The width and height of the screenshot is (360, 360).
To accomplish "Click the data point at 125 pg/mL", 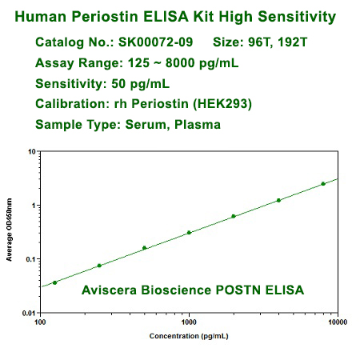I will click(x=54, y=282).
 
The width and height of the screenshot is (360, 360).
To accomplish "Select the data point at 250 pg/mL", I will click(x=99, y=266).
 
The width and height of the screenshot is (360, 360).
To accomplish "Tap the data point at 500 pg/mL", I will click(x=144, y=248).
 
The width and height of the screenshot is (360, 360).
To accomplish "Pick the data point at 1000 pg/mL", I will click(x=189, y=233).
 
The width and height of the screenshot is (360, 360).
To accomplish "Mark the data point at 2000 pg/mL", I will click(x=234, y=216).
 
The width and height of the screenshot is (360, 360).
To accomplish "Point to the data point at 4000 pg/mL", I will click(x=278, y=200).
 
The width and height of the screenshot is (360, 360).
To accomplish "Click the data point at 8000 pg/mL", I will click(x=323, y=184).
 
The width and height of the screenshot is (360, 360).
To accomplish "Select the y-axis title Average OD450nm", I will click(x=10, y=232).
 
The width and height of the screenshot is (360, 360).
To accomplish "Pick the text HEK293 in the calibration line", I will click(x=219, y=104).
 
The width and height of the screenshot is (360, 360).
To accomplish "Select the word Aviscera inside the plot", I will click(x=108, y=290).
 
